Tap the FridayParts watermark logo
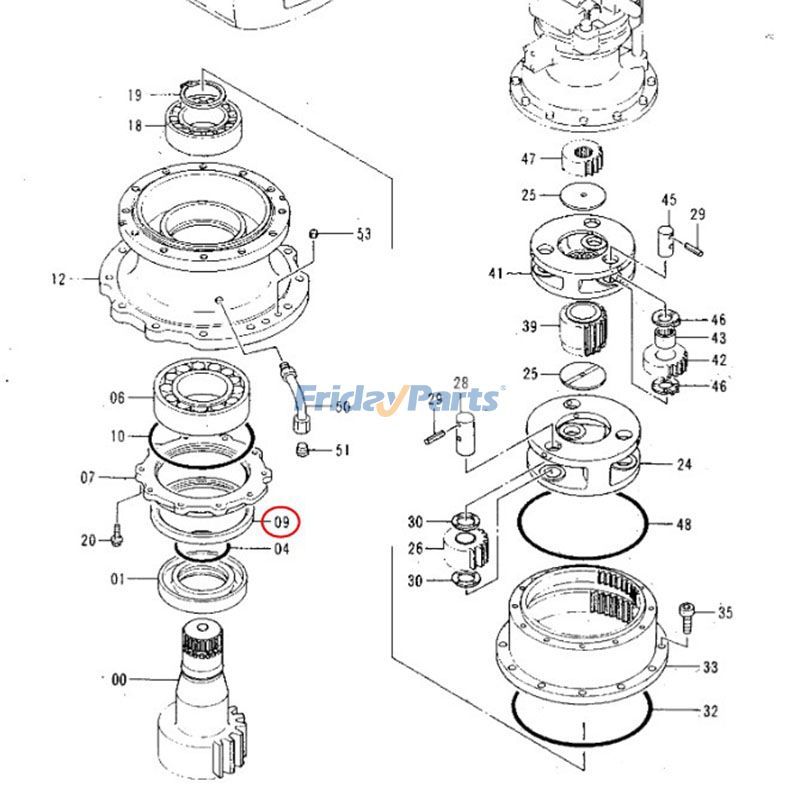pos(400,399)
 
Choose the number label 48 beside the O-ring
pos(684,523)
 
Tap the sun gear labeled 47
pos(582,157)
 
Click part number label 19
pos(135,96)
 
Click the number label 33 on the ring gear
pos(711,667)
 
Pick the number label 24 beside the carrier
pos(684,464)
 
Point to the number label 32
pos(711,711)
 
